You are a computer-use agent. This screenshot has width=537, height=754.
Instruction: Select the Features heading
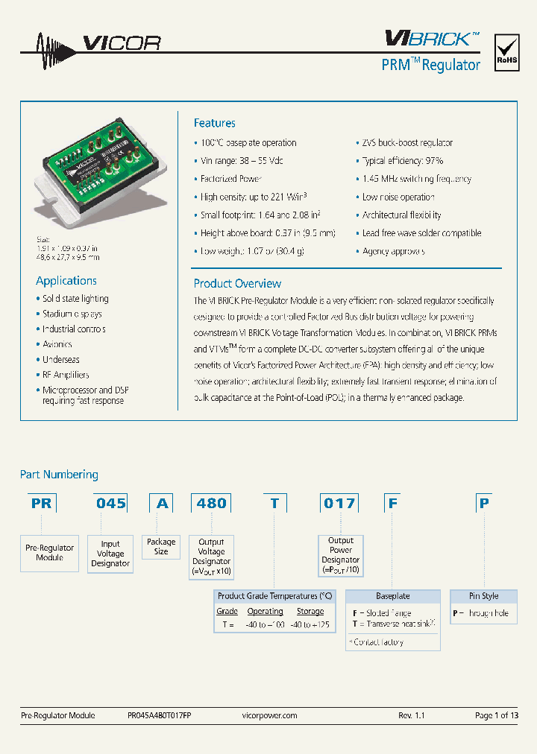coord(214,123)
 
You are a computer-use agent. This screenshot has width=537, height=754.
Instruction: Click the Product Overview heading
coord(237,283)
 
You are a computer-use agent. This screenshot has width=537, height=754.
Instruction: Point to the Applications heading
coord(66,281)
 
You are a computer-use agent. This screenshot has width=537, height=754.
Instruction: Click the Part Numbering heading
coord(59,475)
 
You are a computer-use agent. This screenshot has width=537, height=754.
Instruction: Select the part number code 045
coord(111,504)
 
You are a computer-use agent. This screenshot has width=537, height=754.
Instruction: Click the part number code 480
coord(211,504)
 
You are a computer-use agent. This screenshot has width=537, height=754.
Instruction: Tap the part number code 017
coord(339,504)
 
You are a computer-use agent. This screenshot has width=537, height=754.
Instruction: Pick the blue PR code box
coord(41,504)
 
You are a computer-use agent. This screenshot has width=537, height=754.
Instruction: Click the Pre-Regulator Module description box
coord(49,553)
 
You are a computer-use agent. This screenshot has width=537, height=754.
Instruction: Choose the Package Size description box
coord(161,547)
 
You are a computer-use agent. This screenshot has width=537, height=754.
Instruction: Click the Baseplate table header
coord(392,596)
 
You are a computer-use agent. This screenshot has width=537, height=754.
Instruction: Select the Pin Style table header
coord(484,596)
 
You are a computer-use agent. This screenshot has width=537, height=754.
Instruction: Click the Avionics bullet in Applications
coord(57,344)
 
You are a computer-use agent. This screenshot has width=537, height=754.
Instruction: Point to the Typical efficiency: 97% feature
coord(402,161)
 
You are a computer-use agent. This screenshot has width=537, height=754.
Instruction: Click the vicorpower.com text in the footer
coord(270,715)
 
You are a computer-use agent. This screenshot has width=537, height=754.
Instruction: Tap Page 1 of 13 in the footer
coord(496,715)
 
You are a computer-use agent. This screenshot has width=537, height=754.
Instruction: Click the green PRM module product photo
coord(100,179)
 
